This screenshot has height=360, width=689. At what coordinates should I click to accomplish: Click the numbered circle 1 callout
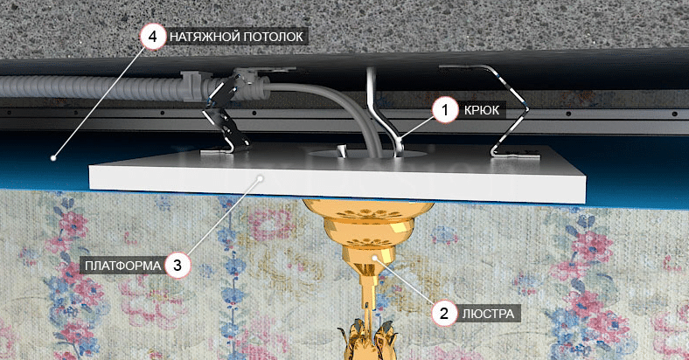tap(445, 110)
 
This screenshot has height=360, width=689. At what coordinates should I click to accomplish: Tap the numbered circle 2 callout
tap(444, 313)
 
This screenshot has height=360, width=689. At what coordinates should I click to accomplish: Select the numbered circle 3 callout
tap(177, 265)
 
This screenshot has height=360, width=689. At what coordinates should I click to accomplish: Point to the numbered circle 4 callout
tap(152, 36)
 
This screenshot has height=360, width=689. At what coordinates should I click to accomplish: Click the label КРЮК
tap(482, 110)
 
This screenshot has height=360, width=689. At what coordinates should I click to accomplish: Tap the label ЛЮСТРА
tap(488, 314)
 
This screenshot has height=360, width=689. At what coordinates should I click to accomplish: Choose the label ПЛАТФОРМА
tap(122, 266)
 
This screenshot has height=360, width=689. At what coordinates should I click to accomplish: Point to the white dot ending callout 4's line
tap(53, 157)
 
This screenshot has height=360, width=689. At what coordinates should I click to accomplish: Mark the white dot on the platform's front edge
tap(261, 178)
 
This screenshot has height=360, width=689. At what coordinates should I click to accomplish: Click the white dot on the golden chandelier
tap(374, 258)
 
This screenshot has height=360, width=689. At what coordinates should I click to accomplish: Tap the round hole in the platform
tap(367, 154)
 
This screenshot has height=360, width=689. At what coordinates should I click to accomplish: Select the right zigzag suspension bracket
tap(510, 110)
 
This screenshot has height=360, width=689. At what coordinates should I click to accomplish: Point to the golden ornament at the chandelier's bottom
tap(368, 340)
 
